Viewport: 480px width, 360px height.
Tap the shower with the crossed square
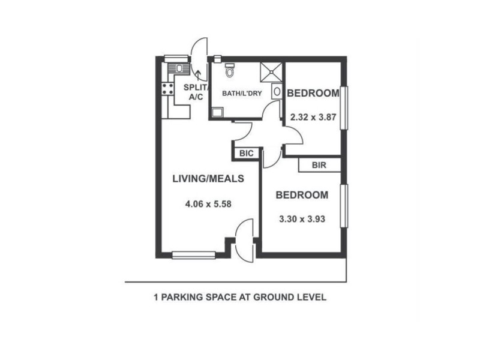click(271, 73)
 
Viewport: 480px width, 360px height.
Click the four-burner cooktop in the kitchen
click(166, 91)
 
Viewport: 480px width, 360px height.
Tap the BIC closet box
click(247, 154)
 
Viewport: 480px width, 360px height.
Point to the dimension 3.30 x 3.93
click(302, 219)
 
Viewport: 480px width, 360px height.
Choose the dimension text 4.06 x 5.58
click(208, 203)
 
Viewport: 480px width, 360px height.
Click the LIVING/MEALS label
click(207, 178)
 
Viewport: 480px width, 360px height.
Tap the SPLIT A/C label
click(196, 92)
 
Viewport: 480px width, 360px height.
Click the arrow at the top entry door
click(200, 73)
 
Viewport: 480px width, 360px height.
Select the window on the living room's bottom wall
click(193, 255)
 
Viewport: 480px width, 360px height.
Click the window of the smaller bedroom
click(344, 108)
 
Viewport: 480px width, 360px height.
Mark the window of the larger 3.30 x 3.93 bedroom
click(344, 206)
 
